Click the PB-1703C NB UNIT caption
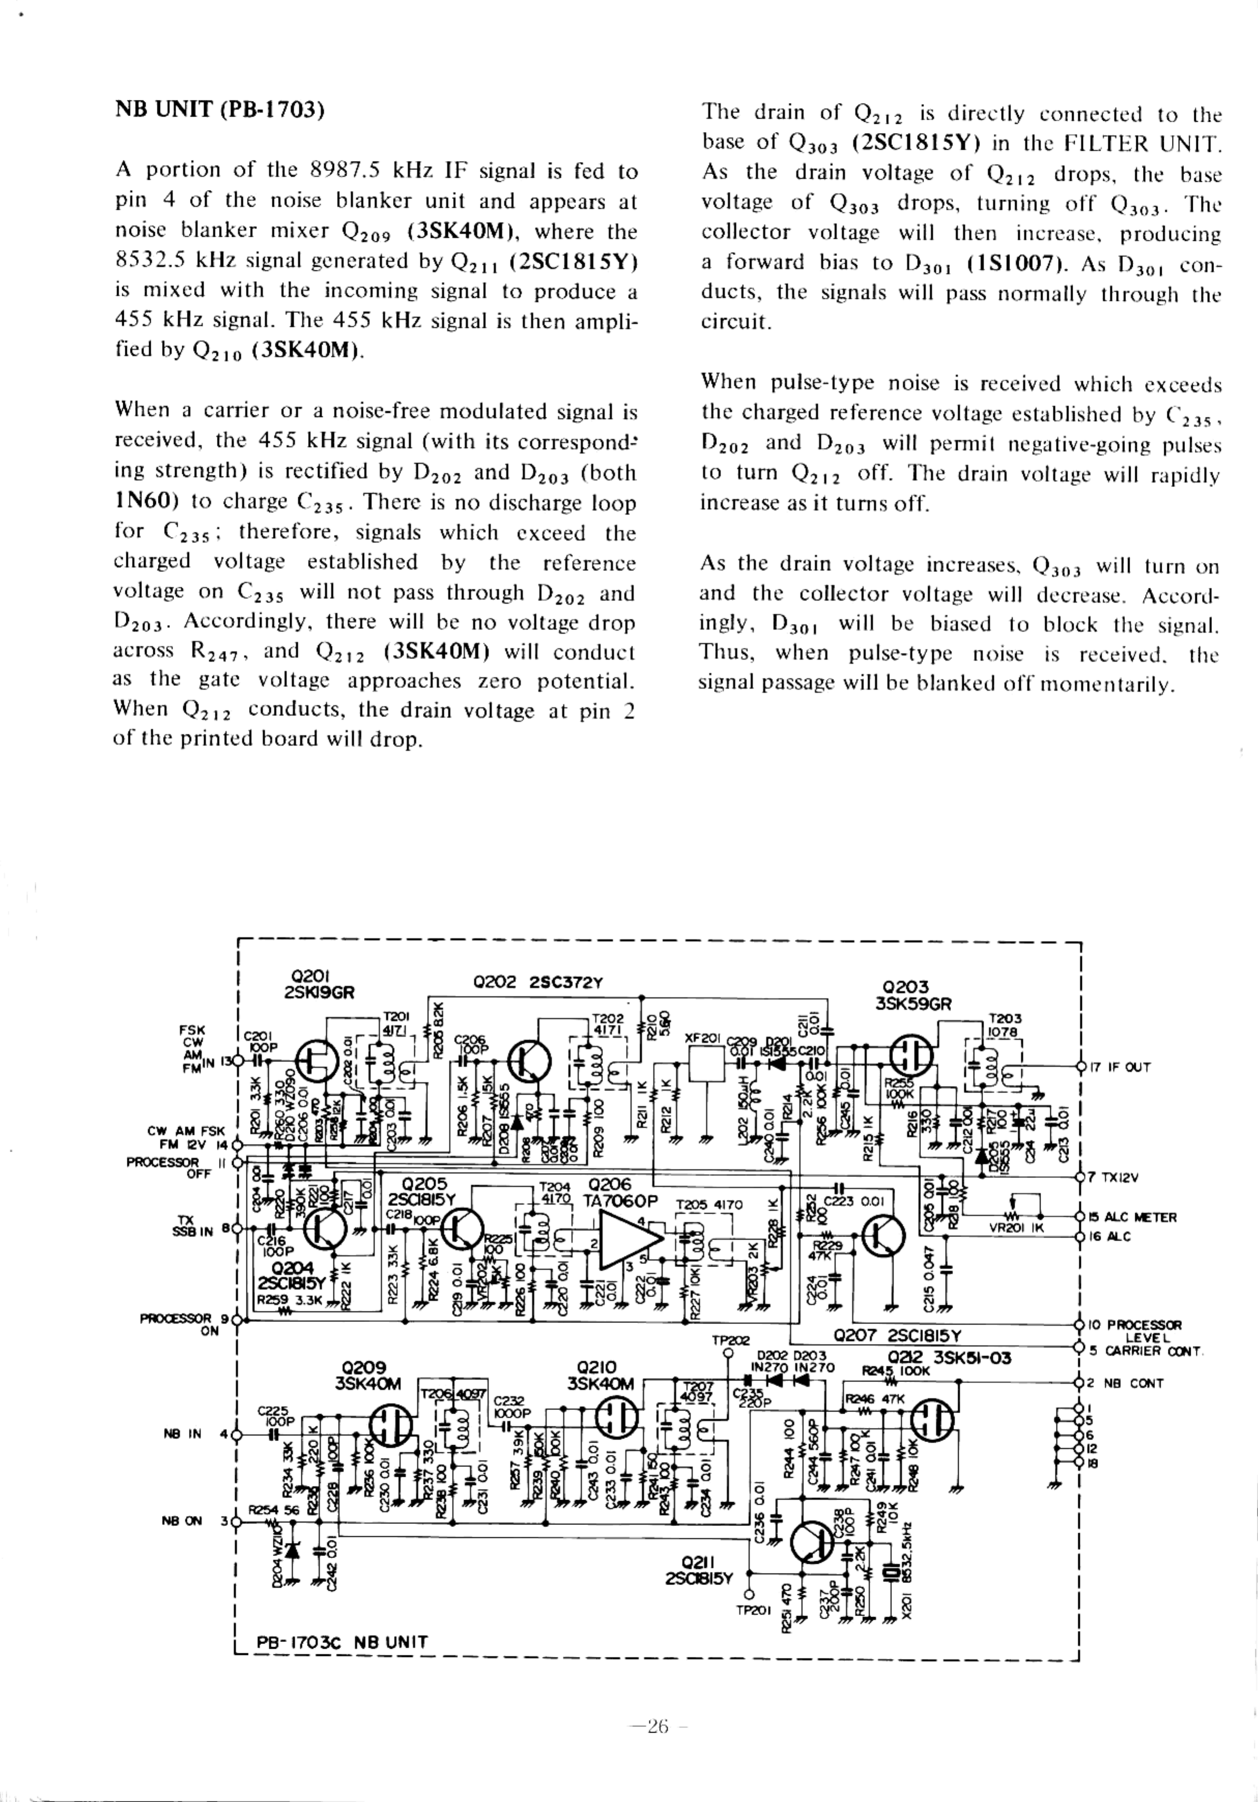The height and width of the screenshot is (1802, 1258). pyautogui.click(x=342, y=1642)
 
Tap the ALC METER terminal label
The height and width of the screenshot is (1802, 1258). pyautogui.click(x=1132, y=1217)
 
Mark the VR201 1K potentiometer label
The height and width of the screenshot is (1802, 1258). pyautogui.click(x=1016, y=1228)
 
